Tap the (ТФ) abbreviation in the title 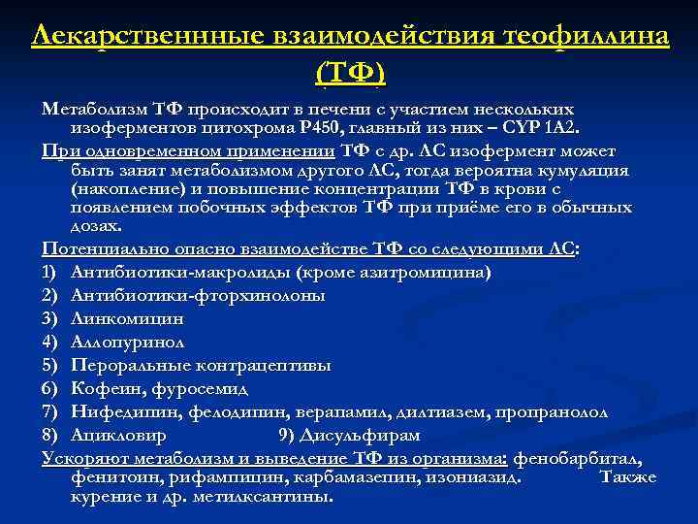point(350,73)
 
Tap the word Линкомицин point(126,317)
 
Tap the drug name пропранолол point(552,411)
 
